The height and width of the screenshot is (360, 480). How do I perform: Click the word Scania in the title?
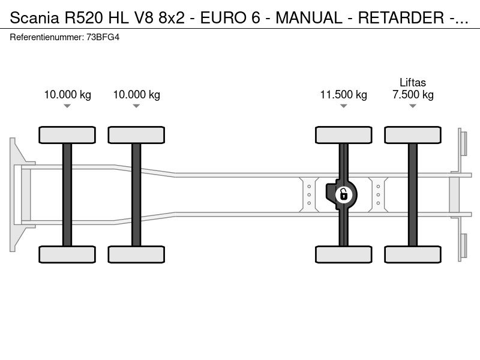34,18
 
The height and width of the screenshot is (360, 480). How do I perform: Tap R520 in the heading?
83,18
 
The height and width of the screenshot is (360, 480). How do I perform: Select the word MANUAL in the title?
309,18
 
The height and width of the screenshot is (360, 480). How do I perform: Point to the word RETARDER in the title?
401,18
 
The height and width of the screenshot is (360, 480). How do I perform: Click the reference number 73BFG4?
103,37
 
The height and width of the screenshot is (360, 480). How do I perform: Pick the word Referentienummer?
47,37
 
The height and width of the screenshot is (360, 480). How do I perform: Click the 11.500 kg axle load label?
343,95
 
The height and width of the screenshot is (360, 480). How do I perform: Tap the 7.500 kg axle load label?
413,95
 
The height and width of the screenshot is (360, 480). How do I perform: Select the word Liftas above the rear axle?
413,83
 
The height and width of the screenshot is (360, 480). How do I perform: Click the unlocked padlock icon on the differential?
344,194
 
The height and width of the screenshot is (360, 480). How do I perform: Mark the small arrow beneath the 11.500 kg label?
343,106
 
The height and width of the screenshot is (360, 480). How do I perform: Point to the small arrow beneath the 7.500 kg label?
413,106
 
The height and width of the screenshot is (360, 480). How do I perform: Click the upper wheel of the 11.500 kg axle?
343,135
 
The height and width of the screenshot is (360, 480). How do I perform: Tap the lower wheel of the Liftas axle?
413,254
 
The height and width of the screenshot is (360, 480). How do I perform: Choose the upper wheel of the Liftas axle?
413,135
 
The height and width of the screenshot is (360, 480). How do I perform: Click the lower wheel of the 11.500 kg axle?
343,254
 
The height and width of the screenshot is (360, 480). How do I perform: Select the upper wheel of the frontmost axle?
67,135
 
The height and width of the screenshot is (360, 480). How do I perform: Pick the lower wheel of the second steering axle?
136,254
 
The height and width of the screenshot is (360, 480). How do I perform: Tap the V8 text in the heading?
143,18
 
